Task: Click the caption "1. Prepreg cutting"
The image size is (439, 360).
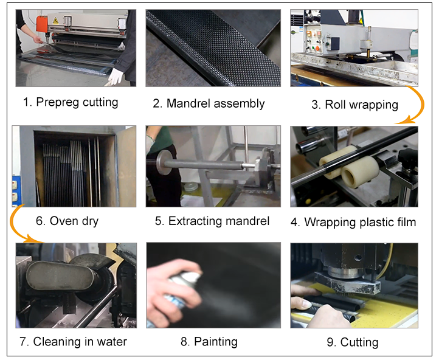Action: tap(71, 102)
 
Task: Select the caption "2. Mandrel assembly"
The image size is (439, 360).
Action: tap(209, 103)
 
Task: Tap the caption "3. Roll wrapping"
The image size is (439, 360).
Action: tap(354, 105)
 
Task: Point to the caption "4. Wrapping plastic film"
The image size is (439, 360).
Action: tap(353, 222)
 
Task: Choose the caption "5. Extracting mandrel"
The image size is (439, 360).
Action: tap(212, 221)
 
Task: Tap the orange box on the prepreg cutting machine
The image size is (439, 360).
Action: tap(42, 24)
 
